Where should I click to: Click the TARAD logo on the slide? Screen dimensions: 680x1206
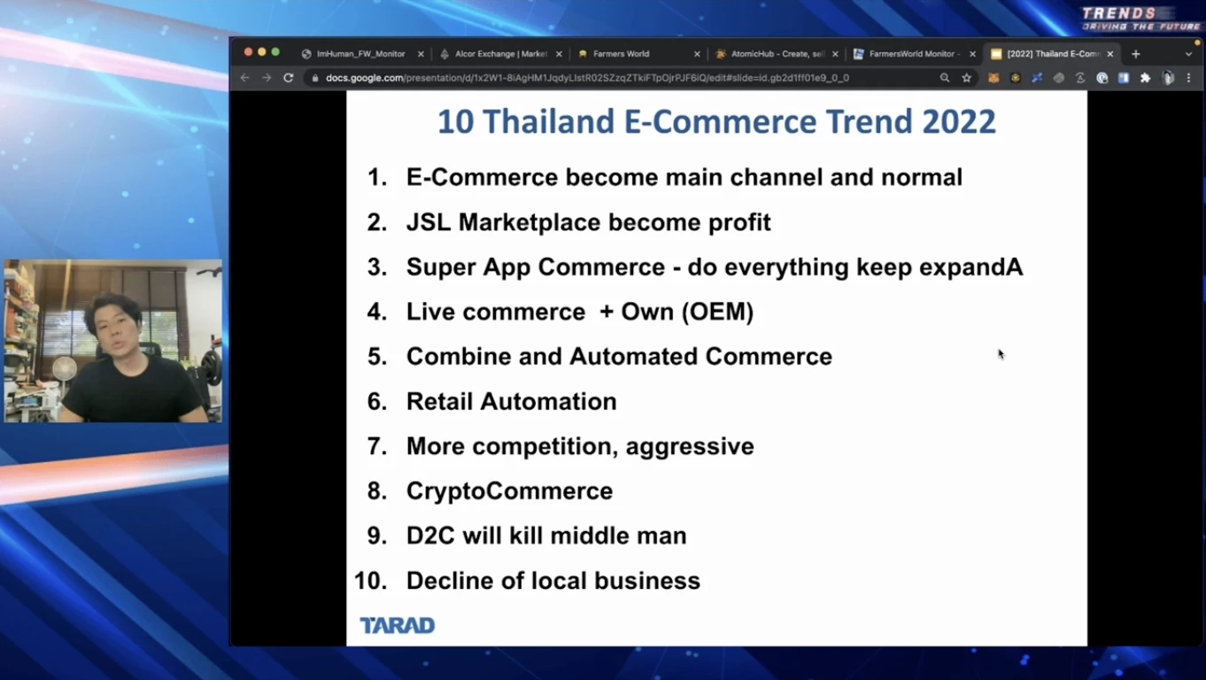[397, 625]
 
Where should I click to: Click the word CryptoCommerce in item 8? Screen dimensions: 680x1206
[509, 491]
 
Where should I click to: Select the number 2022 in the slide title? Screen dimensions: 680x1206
[959, 121]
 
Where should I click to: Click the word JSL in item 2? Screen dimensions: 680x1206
[429, 222]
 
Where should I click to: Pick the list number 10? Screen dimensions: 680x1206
[371, 581]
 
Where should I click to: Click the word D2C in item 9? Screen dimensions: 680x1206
[429, 536]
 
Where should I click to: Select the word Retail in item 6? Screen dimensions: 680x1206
[439, 402]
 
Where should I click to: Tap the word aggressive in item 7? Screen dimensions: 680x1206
[690, 446]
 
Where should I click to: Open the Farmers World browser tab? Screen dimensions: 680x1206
[621, 54]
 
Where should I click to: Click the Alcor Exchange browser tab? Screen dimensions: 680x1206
[500, 54]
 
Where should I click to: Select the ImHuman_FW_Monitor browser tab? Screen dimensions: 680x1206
[360, 54]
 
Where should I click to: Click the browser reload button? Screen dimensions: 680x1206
[288, 78]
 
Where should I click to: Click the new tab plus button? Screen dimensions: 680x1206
[1136, 54]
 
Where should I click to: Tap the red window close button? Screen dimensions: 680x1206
[248, 52]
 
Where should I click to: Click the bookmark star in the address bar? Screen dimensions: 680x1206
[967, 78]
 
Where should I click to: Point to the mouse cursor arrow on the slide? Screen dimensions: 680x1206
[1001, 353]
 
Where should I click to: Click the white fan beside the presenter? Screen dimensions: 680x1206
[64, 370]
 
